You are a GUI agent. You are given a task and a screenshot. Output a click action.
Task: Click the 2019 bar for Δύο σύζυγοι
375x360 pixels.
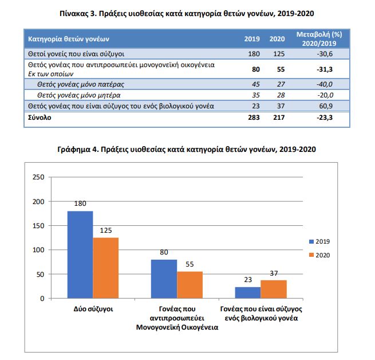80,255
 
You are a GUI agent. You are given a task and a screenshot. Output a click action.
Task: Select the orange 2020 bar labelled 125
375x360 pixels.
106,268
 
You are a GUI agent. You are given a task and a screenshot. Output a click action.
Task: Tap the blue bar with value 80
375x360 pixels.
164,279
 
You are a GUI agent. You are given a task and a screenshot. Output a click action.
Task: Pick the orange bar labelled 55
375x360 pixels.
190,285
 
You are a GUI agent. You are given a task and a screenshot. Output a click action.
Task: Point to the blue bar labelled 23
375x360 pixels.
248,293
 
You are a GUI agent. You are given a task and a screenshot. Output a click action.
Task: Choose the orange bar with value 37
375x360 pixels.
274,289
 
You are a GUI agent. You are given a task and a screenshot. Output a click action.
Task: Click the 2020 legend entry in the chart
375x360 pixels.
319,255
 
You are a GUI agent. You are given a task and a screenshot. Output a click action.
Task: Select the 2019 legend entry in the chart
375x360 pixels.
319,241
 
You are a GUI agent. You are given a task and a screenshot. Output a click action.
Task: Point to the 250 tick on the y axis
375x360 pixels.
38,177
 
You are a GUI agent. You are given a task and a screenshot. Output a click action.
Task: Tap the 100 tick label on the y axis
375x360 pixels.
38,250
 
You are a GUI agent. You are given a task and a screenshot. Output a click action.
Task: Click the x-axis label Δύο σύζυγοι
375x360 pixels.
93,309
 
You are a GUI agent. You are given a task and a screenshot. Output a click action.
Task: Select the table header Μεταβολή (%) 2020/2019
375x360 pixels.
319,39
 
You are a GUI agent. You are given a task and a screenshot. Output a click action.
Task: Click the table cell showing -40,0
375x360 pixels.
325,84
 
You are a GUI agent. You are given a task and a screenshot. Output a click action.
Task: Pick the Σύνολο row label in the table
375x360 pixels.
40,118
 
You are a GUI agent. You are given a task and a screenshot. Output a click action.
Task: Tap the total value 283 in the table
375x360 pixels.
254,118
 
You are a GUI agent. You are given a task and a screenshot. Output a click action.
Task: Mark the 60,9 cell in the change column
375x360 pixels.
326,106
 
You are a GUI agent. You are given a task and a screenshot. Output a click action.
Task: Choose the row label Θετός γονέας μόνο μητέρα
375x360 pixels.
78,95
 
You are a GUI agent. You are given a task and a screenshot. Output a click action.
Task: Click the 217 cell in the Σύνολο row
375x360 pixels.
279,118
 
